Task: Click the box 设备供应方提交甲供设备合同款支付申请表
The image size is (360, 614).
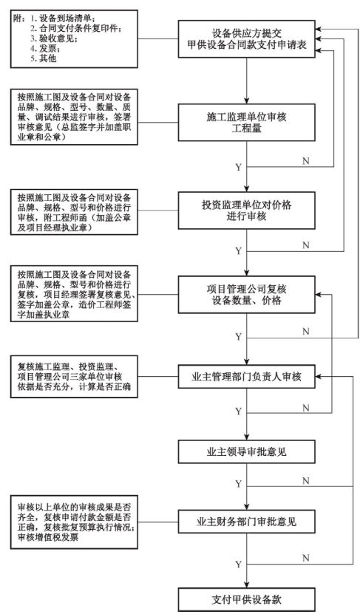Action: point(246,39)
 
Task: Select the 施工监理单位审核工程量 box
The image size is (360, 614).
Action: point(246,122)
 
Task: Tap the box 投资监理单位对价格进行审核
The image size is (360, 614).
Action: point(246,211)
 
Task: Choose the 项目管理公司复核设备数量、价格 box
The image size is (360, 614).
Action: point(246,295)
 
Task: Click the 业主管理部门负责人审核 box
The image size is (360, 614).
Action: point(246,377)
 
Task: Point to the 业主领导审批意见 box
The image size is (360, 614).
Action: point(246,451)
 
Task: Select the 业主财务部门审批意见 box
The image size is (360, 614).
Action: point(246,521)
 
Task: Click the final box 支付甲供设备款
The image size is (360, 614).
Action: point(246,599)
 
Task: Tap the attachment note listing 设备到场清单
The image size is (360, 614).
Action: point(74,38)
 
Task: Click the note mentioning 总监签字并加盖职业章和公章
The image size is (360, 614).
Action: point(74,117)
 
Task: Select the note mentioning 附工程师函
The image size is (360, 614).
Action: point(74,212)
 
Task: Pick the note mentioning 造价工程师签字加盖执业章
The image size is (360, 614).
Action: point(74,294)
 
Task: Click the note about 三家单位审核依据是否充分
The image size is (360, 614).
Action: point(74,377)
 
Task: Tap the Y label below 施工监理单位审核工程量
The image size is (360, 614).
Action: point(239,168)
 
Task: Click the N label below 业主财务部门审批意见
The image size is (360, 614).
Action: point(306,558)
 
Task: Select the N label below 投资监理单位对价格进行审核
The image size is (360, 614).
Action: point(306,245)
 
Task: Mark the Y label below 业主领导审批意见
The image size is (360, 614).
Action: point(239,484)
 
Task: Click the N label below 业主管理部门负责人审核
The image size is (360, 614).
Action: point(306,408)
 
